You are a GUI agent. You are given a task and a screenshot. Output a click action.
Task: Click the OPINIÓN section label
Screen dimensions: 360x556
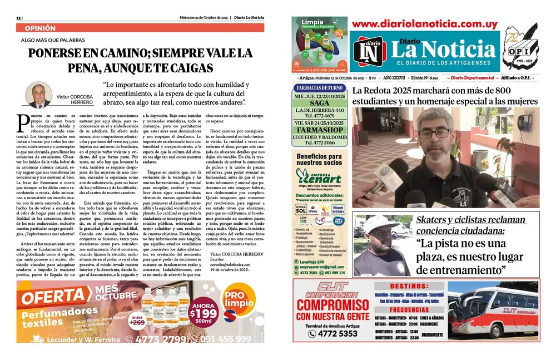coord(40,27)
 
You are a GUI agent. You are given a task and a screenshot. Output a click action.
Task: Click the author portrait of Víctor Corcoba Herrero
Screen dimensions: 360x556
coord(38,95)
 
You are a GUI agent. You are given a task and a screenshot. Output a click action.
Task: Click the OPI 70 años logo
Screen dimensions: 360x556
coord(522,48)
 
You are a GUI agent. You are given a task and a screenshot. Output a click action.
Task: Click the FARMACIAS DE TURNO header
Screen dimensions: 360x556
coord(320,88)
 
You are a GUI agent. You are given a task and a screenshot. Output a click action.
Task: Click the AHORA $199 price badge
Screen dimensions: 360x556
coord(203,313)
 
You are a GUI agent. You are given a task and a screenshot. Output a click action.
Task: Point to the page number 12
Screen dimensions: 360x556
coord(19,17)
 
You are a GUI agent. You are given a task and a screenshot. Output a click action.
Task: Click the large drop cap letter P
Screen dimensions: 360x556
coord(23,122)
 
